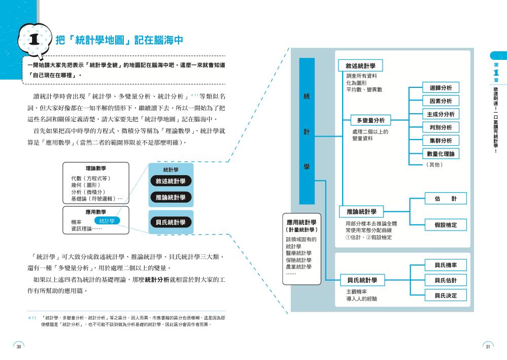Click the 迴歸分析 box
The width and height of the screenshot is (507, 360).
441,88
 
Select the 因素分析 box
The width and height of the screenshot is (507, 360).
441,101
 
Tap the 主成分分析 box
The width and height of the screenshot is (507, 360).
441,114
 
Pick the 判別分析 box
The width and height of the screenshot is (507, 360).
441,127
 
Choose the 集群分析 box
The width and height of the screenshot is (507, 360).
441,141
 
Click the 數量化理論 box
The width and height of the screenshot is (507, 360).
441,154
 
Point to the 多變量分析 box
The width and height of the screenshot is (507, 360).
370,120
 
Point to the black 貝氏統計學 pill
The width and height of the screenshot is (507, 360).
171,222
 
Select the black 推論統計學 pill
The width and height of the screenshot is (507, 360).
171,197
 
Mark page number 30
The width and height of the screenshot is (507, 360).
19,346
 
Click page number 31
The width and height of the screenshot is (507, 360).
488,346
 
